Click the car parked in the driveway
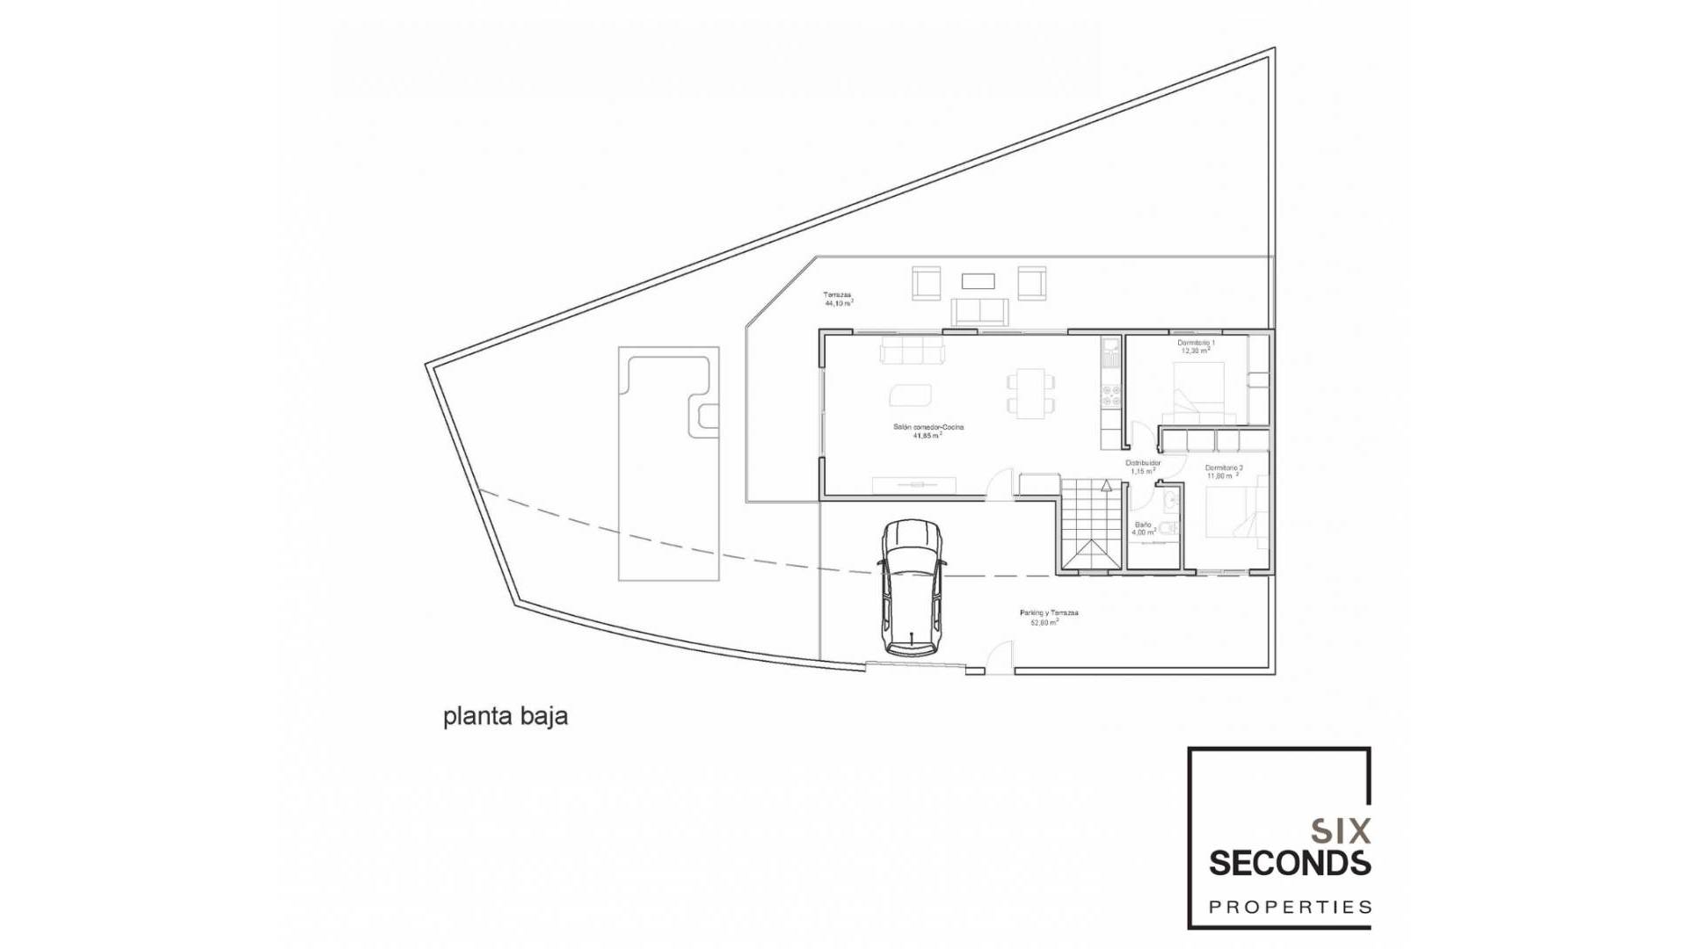[x=913, y=586]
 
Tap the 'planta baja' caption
[x=506, y=716]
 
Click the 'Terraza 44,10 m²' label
[x=838, y=299]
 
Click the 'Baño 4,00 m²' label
[x=1143, y=528]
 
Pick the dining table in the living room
[x=1030, y=393]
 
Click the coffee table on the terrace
[x=978, y=281]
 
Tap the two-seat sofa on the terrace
[x=979, y=312]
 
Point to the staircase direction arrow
[x=1106, y=485]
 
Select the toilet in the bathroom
[x=1168, y=528]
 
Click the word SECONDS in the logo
[x=1289, y=863]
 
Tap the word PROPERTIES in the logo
[x=1289, y=907]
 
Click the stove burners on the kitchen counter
[x=1111, y=395]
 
